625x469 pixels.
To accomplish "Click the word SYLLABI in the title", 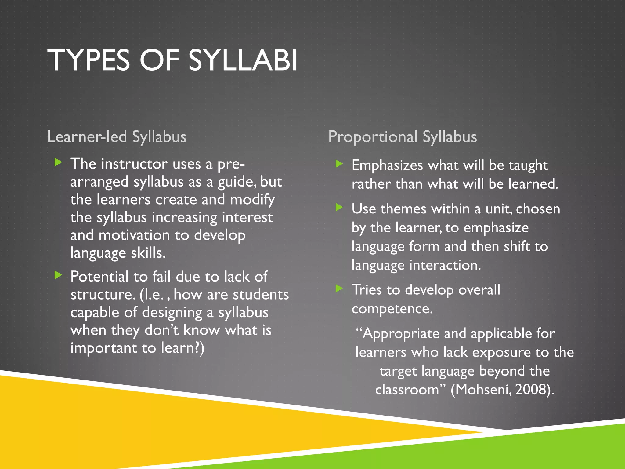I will pos(243,60).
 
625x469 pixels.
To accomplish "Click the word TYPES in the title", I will pos(89,60).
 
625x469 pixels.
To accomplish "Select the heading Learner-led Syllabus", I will pos(117,137).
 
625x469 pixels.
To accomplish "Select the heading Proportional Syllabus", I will pos(403,137).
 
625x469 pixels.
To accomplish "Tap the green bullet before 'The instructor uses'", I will pos(58,162).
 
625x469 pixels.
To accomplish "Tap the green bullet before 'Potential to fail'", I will pos(58,275).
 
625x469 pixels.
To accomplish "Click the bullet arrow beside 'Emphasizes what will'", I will pos(339,164).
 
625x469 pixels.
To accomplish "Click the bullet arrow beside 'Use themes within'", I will pos(339,208).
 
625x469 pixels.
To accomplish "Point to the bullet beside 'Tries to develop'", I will pos(339,288).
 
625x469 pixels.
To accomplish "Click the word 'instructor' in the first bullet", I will pos(134,164).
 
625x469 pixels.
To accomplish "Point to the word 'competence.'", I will pos(392,309).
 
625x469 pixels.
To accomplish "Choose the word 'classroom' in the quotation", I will pos(407,390).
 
